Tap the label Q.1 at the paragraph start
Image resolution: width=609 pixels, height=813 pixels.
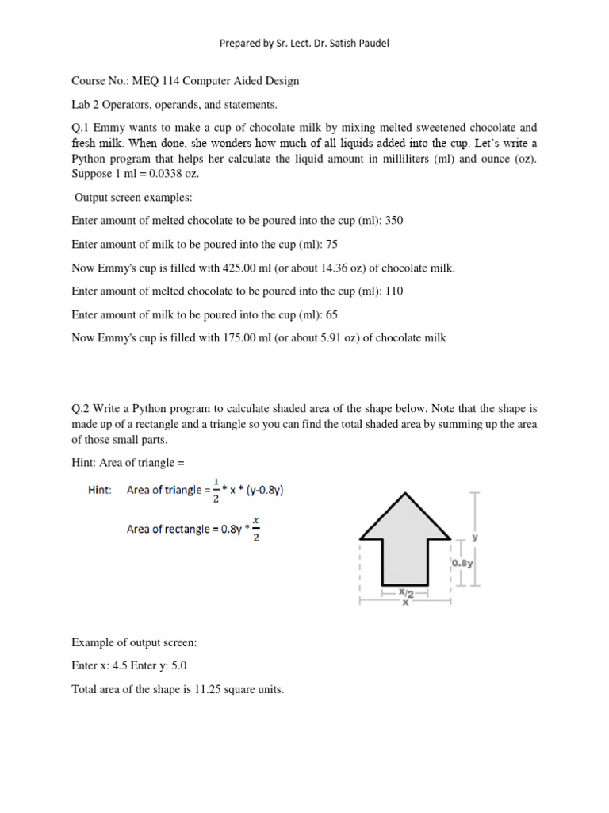click(81, 127)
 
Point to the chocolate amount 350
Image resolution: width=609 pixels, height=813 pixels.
click(393, 221)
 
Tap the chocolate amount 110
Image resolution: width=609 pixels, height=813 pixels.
click(393, 291)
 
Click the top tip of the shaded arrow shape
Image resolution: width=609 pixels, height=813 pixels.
click(405, 493)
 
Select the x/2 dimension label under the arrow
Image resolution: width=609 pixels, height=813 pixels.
click(405, 593)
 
